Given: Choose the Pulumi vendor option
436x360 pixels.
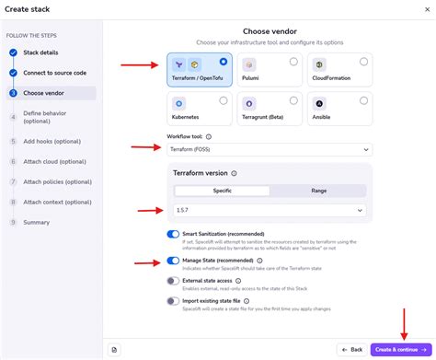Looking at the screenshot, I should [270, 70].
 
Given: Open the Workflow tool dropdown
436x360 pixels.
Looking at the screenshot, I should [270, 149].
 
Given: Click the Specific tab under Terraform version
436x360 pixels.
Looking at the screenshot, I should [222, 191].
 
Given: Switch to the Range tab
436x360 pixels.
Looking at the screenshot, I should [317, 191].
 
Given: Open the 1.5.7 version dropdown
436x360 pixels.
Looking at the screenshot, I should [270, 210].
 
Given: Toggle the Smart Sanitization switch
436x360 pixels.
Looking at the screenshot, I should [173, 235].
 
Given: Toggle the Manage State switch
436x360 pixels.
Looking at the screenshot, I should [173, 261].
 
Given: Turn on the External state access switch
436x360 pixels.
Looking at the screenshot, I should [173, 281].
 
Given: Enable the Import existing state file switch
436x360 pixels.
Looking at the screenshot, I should [173, 301].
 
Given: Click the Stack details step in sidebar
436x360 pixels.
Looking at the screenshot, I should [40, 52].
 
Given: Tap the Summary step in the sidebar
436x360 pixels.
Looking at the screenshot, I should [37, 222].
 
